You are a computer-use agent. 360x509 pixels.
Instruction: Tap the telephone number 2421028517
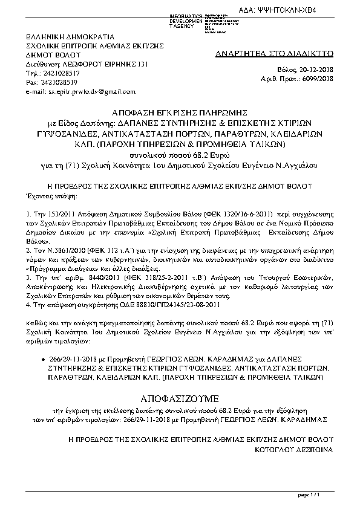[59, 71]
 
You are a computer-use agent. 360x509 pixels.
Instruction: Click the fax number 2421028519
[59, 81]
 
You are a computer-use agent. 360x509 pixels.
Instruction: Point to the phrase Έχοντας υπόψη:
[53, 196]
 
